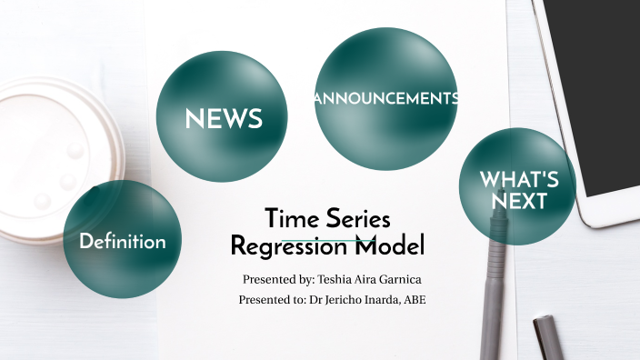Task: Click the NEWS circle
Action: (223, 117)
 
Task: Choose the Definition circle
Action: (122, 241)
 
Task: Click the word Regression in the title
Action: (290, 246)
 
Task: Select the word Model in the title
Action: (389, 246)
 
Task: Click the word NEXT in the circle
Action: (518, 200)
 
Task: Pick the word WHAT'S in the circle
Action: (518, 178)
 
